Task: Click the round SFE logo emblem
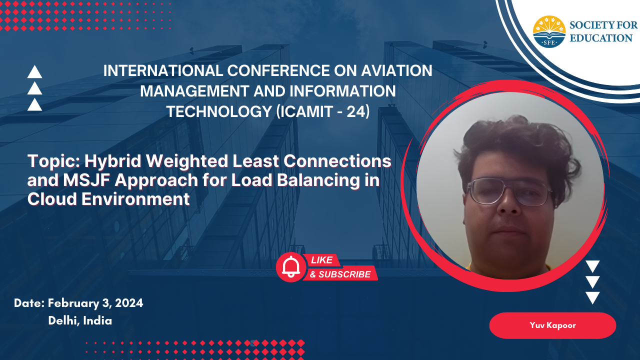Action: [x=549, y=31]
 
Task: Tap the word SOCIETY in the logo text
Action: [x=591, y=25]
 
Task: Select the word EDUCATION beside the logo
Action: [x=601, y=38]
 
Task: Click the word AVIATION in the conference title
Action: [x=396, y=70]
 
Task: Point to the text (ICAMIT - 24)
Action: [x=323, y=111]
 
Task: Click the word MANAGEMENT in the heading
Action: [x=194, y=91]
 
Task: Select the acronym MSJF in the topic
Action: [x=87, y=180]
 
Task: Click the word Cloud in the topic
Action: [x=52, y=199]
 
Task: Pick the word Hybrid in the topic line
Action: [x=113, y=161]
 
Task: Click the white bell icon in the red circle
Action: [x=291, y=267]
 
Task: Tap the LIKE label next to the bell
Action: [x=321, y=260]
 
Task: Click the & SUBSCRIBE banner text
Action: [x=340, y=274]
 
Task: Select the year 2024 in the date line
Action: [x=129, y=303]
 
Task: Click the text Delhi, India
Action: [x=80, y=321]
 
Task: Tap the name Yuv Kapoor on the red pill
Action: [x=552, y=325]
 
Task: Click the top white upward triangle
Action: [x=34, y=71]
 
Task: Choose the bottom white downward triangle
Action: [x=592, y=297]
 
